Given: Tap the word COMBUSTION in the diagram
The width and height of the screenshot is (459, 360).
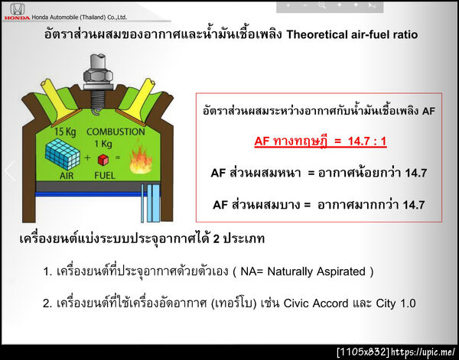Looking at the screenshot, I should (116, 131).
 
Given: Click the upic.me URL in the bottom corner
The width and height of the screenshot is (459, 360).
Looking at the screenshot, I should (424, 352).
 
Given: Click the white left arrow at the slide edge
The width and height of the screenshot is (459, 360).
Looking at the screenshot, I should (9, 170).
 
